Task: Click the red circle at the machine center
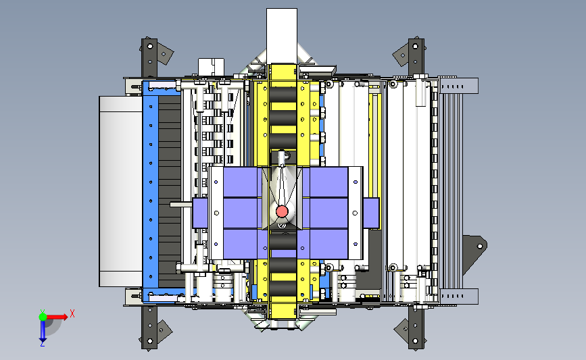click(x=282, y=211)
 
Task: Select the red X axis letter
click(x=72, y=313)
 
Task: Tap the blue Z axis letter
click(x=42, y=344)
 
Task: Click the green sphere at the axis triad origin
click(x=43, y=317)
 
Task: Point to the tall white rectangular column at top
click(x=282, y=36)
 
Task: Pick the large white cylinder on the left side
click(x=121, y=191)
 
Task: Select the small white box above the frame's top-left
click(x=211, y=67)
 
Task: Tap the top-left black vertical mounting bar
click(x=149, y=58)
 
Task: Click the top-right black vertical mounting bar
click(x=416, y=57)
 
